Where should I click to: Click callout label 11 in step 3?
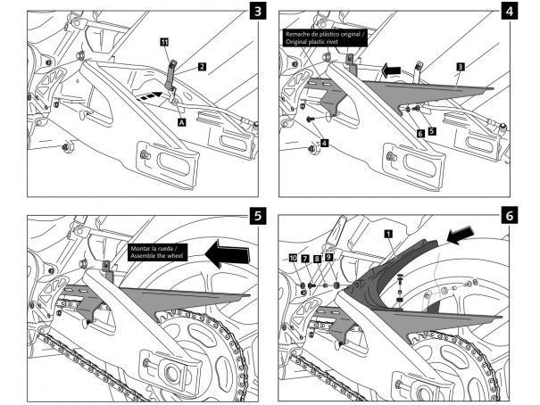tap(164, 42)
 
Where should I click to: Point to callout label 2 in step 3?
tap(203, 66)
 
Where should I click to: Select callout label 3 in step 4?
tap(459, 66)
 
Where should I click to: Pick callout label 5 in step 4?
tap(432, 131)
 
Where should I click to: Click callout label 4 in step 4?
tap(324, 142)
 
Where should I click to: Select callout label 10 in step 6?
tap(293, 257)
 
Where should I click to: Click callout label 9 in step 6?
tap(328, 257)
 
